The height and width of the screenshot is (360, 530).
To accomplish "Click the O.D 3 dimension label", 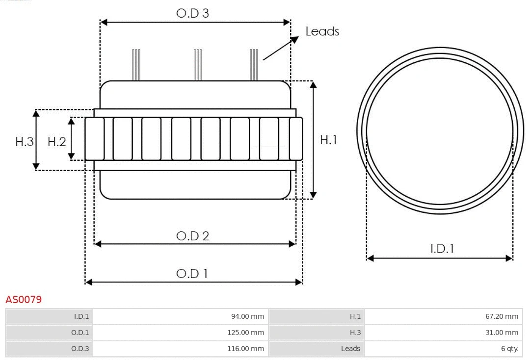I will [192, 13].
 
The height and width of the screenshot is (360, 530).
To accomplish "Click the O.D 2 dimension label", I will [192, 236].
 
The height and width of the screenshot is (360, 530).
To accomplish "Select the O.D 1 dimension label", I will [192, 273].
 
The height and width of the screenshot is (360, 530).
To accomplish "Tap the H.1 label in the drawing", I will [328, 140].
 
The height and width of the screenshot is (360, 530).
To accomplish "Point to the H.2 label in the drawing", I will [56, 142].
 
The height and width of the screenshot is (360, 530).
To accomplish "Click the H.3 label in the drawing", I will [24, 142].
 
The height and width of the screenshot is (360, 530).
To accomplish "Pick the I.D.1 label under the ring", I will [442, 249].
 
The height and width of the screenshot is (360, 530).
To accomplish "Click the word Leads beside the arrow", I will [322, 31].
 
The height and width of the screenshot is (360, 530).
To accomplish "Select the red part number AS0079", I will [24, 299].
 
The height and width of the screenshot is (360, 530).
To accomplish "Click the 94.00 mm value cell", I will [247, 316].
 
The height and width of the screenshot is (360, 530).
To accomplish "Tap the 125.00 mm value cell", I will [245, 333].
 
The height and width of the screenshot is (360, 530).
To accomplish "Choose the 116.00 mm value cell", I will [245, 349].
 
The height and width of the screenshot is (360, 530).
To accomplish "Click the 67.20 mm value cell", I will [502, 316].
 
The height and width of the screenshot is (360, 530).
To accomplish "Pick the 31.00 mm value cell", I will [502, 333].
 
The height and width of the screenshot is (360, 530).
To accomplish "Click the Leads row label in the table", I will [350, 349].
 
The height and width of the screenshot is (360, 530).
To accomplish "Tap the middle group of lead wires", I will [198, 65].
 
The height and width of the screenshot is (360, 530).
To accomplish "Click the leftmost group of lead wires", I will [136, 65].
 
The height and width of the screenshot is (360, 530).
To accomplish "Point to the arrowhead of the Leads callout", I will [295, 39].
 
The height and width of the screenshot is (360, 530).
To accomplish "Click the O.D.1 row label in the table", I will [80, 333].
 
